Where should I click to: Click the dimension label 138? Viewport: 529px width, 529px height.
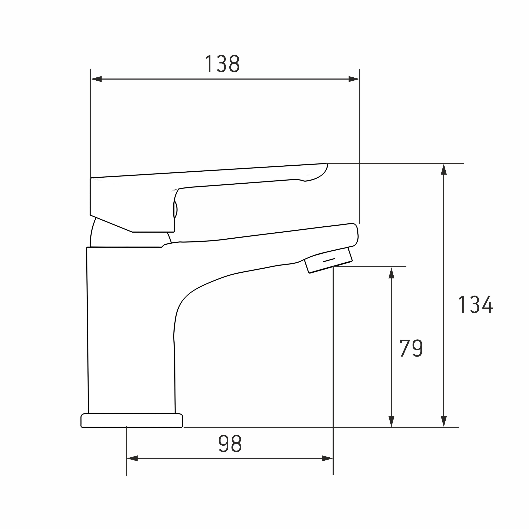[222, 64]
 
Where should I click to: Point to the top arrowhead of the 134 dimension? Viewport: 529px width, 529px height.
[444, 169]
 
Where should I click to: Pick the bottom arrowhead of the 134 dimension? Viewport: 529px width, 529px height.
[444, 421]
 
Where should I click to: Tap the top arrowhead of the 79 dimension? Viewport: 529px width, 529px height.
[391, 273]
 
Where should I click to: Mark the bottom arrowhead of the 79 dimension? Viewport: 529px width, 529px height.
[391, 421]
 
